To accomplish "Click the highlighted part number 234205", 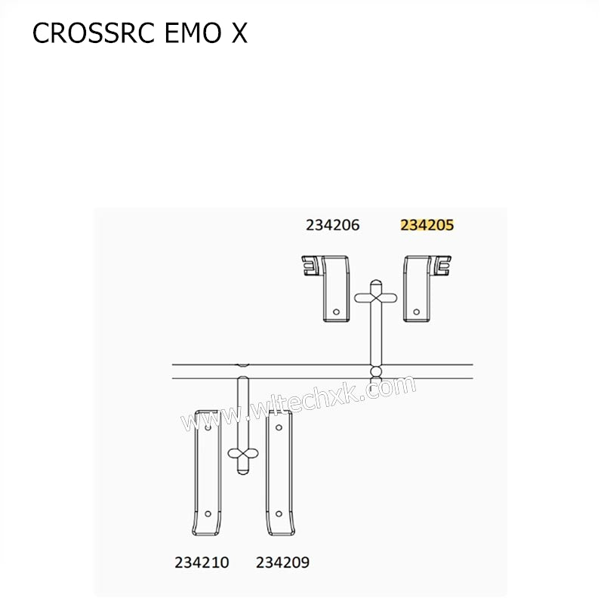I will coord(427,224).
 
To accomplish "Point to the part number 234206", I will coord(332,224).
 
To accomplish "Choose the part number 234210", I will coord(202,562).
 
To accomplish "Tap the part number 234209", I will coord(282,562).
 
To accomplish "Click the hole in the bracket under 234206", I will coord(338,310).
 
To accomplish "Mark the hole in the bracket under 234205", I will coord(415,310).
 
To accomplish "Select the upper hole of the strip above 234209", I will coord(279,428).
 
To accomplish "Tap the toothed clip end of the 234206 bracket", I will coord(310,266).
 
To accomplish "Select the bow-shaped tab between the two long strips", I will coord(242,453).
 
